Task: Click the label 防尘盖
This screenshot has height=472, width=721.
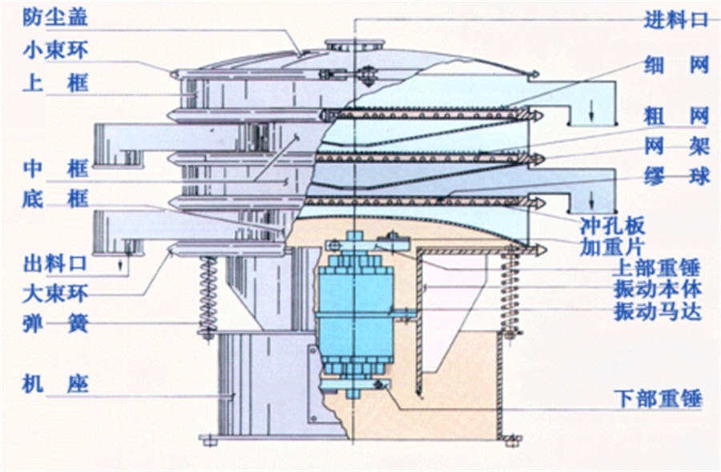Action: click(x=55, y=17)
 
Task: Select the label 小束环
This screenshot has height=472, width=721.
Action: click(x=55, y=50)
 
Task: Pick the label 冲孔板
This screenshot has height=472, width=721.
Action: click(x=612, y=225)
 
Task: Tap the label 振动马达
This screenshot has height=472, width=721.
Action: click(x=657, y=311)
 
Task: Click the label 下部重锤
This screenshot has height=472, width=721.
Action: click(x=657, y=397)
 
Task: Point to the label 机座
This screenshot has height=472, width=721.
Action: click(x=55, y=385)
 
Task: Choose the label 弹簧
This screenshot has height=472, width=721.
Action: click(x=55, y=324)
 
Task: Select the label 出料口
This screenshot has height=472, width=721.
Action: click(x=55, y=263)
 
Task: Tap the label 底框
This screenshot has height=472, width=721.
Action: click(x=55, y=199)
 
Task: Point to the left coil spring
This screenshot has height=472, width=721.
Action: click(x=207, y=295)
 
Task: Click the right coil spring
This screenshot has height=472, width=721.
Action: click(x=510, y=290)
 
